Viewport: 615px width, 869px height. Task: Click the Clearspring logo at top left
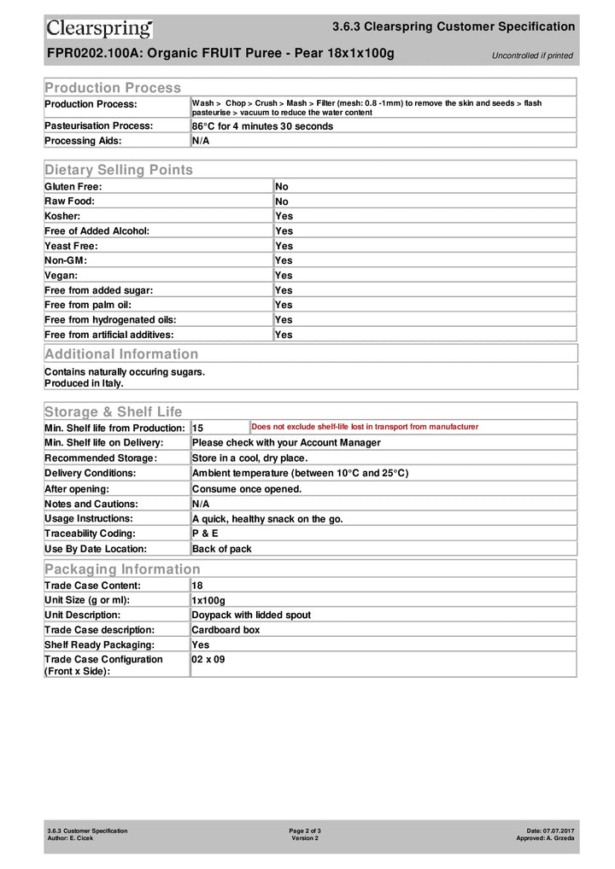click(99, 28)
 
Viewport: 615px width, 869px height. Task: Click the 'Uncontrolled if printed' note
click(532, 56)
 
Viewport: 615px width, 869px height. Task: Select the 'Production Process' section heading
click(113, 88)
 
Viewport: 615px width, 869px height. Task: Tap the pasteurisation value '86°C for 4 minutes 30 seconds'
click(262, 126)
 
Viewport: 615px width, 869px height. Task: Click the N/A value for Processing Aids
click(201, 141)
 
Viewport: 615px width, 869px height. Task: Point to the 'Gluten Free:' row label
click(73, 186)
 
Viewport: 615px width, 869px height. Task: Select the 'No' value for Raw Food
click(282, 201)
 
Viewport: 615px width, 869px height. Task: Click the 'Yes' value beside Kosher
click(284, 216)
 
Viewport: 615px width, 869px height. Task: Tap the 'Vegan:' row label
click(61, 276)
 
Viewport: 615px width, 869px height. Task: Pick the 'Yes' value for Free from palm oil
click(284, 305)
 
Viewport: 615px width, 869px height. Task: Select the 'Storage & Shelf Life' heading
click(113, 412)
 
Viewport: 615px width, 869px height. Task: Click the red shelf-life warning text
click(365, 427)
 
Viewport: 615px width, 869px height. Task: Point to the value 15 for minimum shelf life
click(197, 428)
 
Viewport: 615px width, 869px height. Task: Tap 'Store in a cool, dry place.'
click(250, 458)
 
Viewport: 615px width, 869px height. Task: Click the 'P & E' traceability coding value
click(205, 534)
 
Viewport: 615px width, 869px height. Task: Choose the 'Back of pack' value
click(222, 549)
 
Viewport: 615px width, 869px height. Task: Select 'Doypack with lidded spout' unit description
click(251, 615)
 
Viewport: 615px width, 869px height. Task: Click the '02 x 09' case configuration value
click(208, 660)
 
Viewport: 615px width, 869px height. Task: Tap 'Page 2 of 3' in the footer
click(305, 831)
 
